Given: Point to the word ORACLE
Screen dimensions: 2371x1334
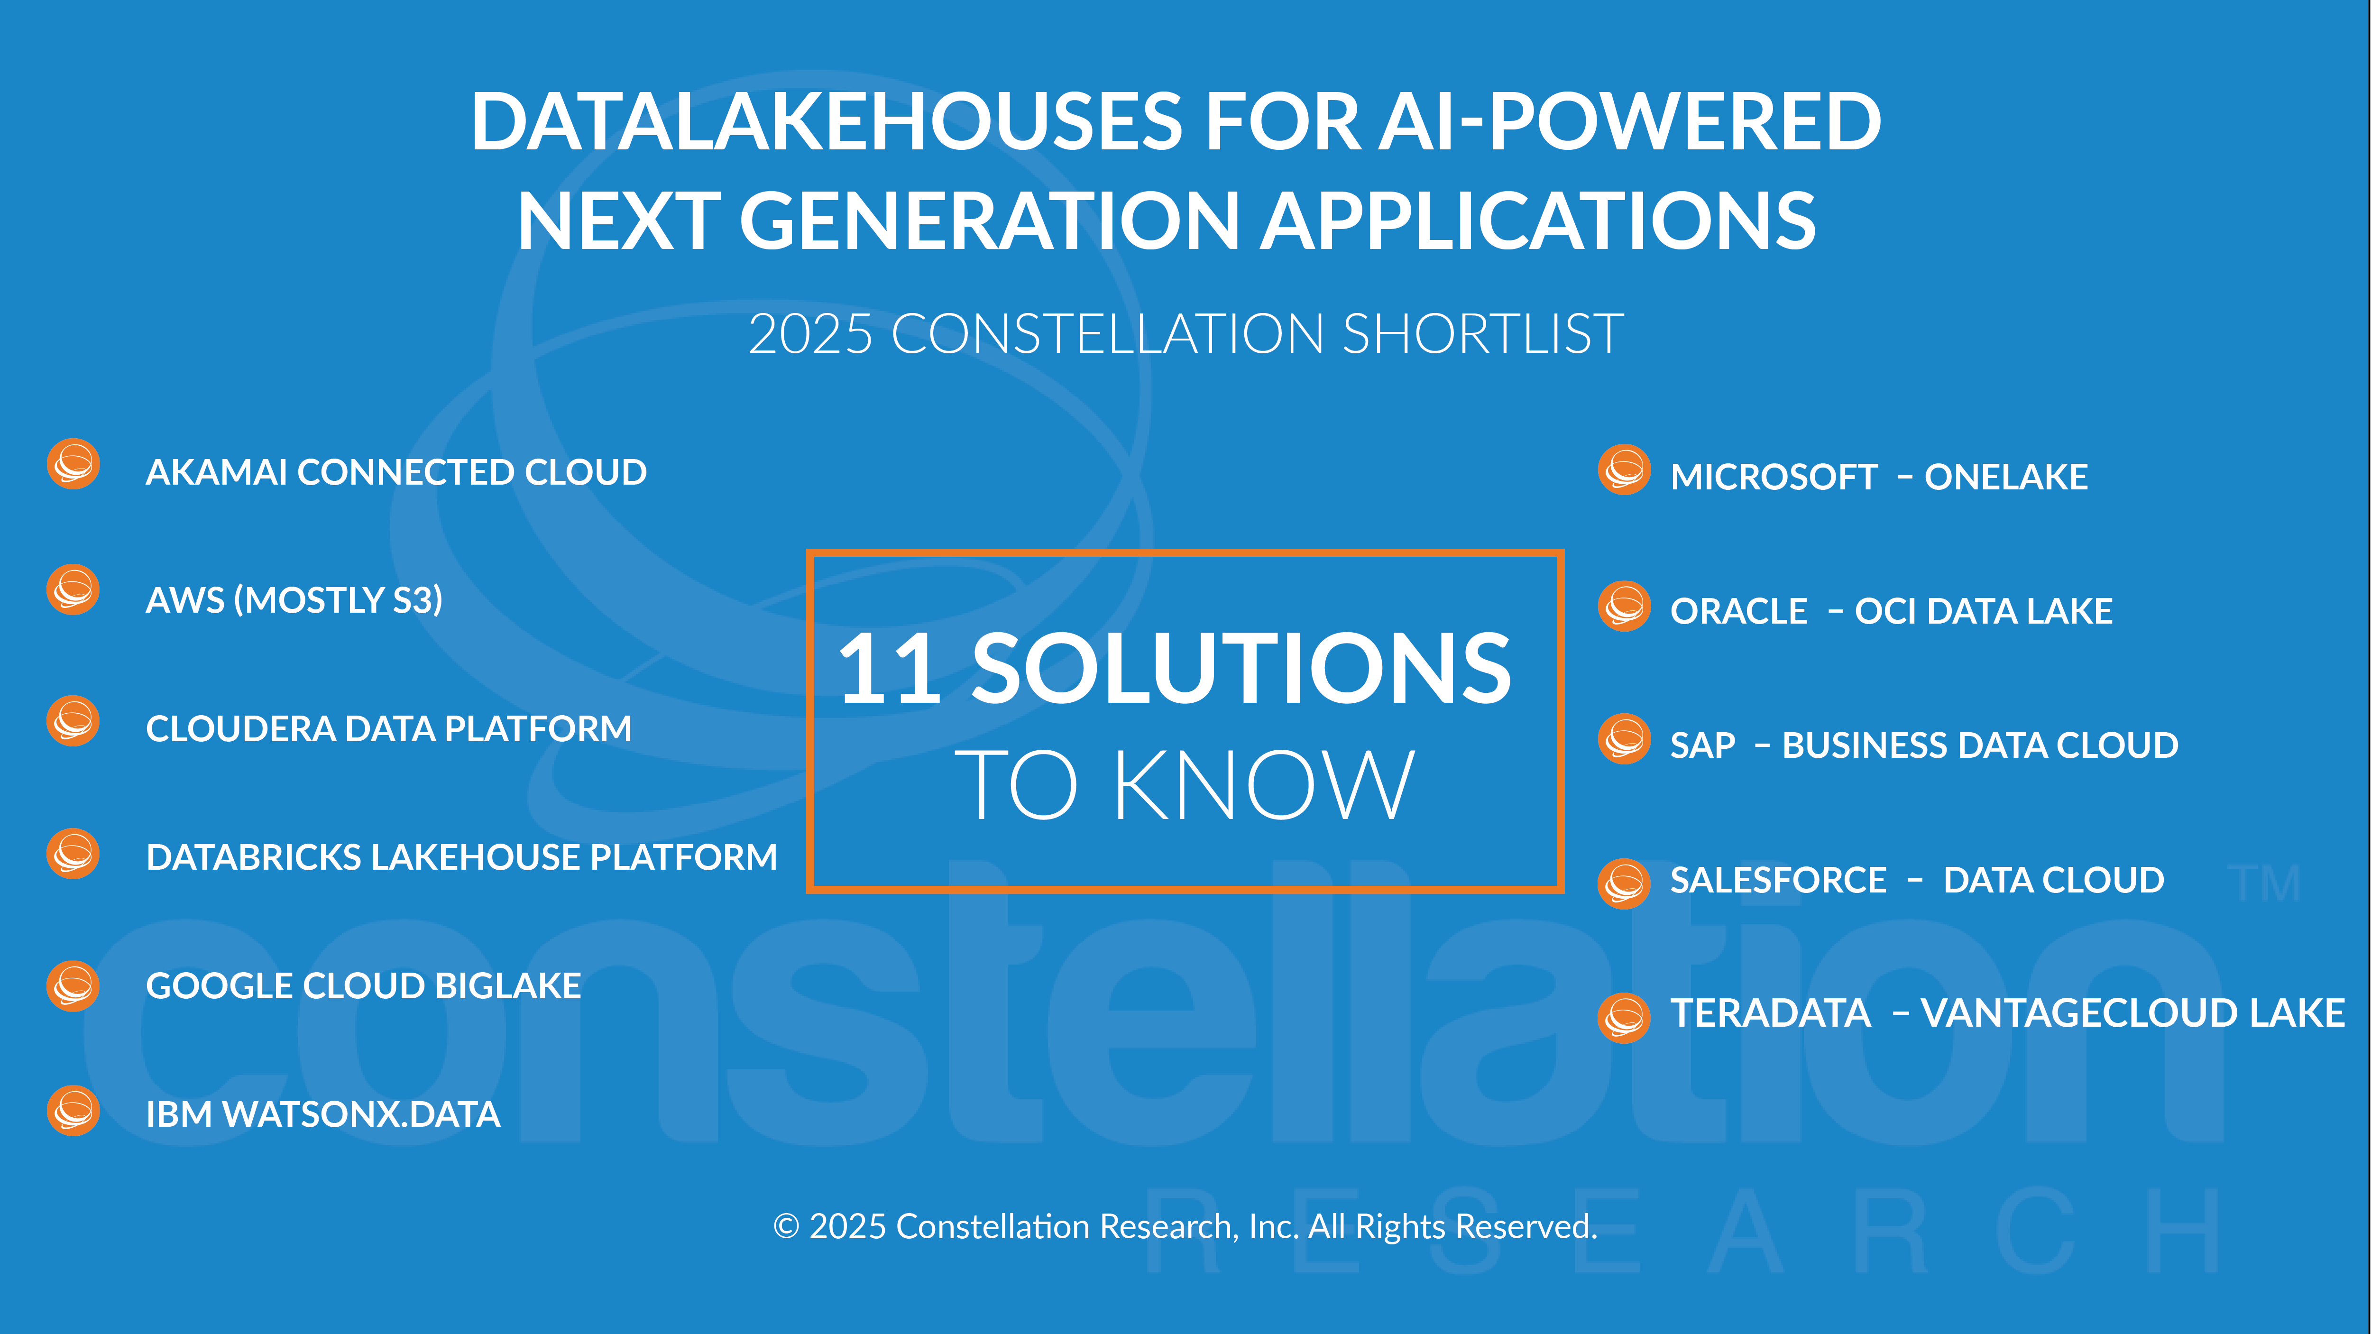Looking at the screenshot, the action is tap(1739, 611).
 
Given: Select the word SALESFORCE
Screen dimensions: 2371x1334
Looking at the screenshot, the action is tap(1778, 880).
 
